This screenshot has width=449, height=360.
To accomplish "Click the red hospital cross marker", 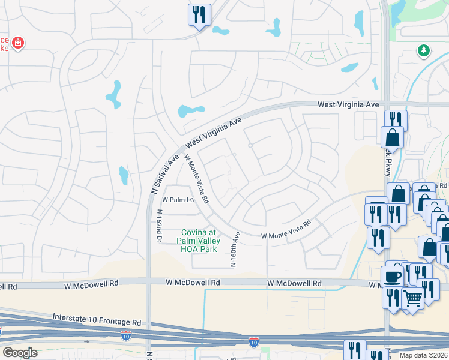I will pos(19,43).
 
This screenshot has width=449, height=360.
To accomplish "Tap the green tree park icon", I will pos(424,51).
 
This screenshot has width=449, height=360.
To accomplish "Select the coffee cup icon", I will pos(393,277).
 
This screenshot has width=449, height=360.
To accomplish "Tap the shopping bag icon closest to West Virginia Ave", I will pos(392,137).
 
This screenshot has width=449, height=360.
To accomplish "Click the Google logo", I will pos(20,353).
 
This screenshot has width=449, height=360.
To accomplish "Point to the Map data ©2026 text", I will pos(423,355).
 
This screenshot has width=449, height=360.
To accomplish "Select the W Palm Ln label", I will pos(178,200).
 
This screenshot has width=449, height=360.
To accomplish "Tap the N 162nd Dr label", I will pos(160,226).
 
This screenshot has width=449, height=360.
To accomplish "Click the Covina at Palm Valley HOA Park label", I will pos(198,236).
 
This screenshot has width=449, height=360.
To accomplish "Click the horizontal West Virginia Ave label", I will pos(348,104).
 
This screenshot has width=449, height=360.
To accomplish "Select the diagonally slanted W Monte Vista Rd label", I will pos(196,178).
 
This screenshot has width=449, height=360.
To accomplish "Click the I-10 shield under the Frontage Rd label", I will pos(126,335).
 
